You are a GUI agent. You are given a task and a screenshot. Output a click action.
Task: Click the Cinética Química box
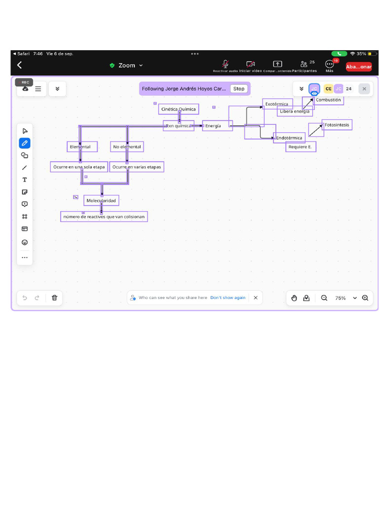179,109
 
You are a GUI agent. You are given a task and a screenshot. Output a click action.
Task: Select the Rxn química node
178,126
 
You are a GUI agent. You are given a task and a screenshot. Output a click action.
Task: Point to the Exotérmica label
277,104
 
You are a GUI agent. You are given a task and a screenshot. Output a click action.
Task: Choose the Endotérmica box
289,138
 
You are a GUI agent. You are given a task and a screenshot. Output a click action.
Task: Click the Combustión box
328,100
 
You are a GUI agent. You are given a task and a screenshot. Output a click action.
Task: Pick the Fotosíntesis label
337,125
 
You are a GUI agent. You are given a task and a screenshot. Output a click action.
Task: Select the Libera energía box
295,111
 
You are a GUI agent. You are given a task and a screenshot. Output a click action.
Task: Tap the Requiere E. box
301,147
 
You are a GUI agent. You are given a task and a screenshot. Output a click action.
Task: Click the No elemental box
127,147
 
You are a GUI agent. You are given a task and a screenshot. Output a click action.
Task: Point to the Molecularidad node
101,201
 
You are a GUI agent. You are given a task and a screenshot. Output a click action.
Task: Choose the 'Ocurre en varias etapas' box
137,167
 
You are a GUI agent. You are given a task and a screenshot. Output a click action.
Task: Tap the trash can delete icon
54,298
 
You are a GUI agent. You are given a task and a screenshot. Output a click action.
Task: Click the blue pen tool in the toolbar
25,143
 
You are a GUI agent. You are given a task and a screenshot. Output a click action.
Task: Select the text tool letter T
25,180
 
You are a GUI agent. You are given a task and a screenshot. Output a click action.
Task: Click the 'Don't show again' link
227,298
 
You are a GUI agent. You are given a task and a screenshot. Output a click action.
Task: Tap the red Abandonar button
359,67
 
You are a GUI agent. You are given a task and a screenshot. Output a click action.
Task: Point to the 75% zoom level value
341,298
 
